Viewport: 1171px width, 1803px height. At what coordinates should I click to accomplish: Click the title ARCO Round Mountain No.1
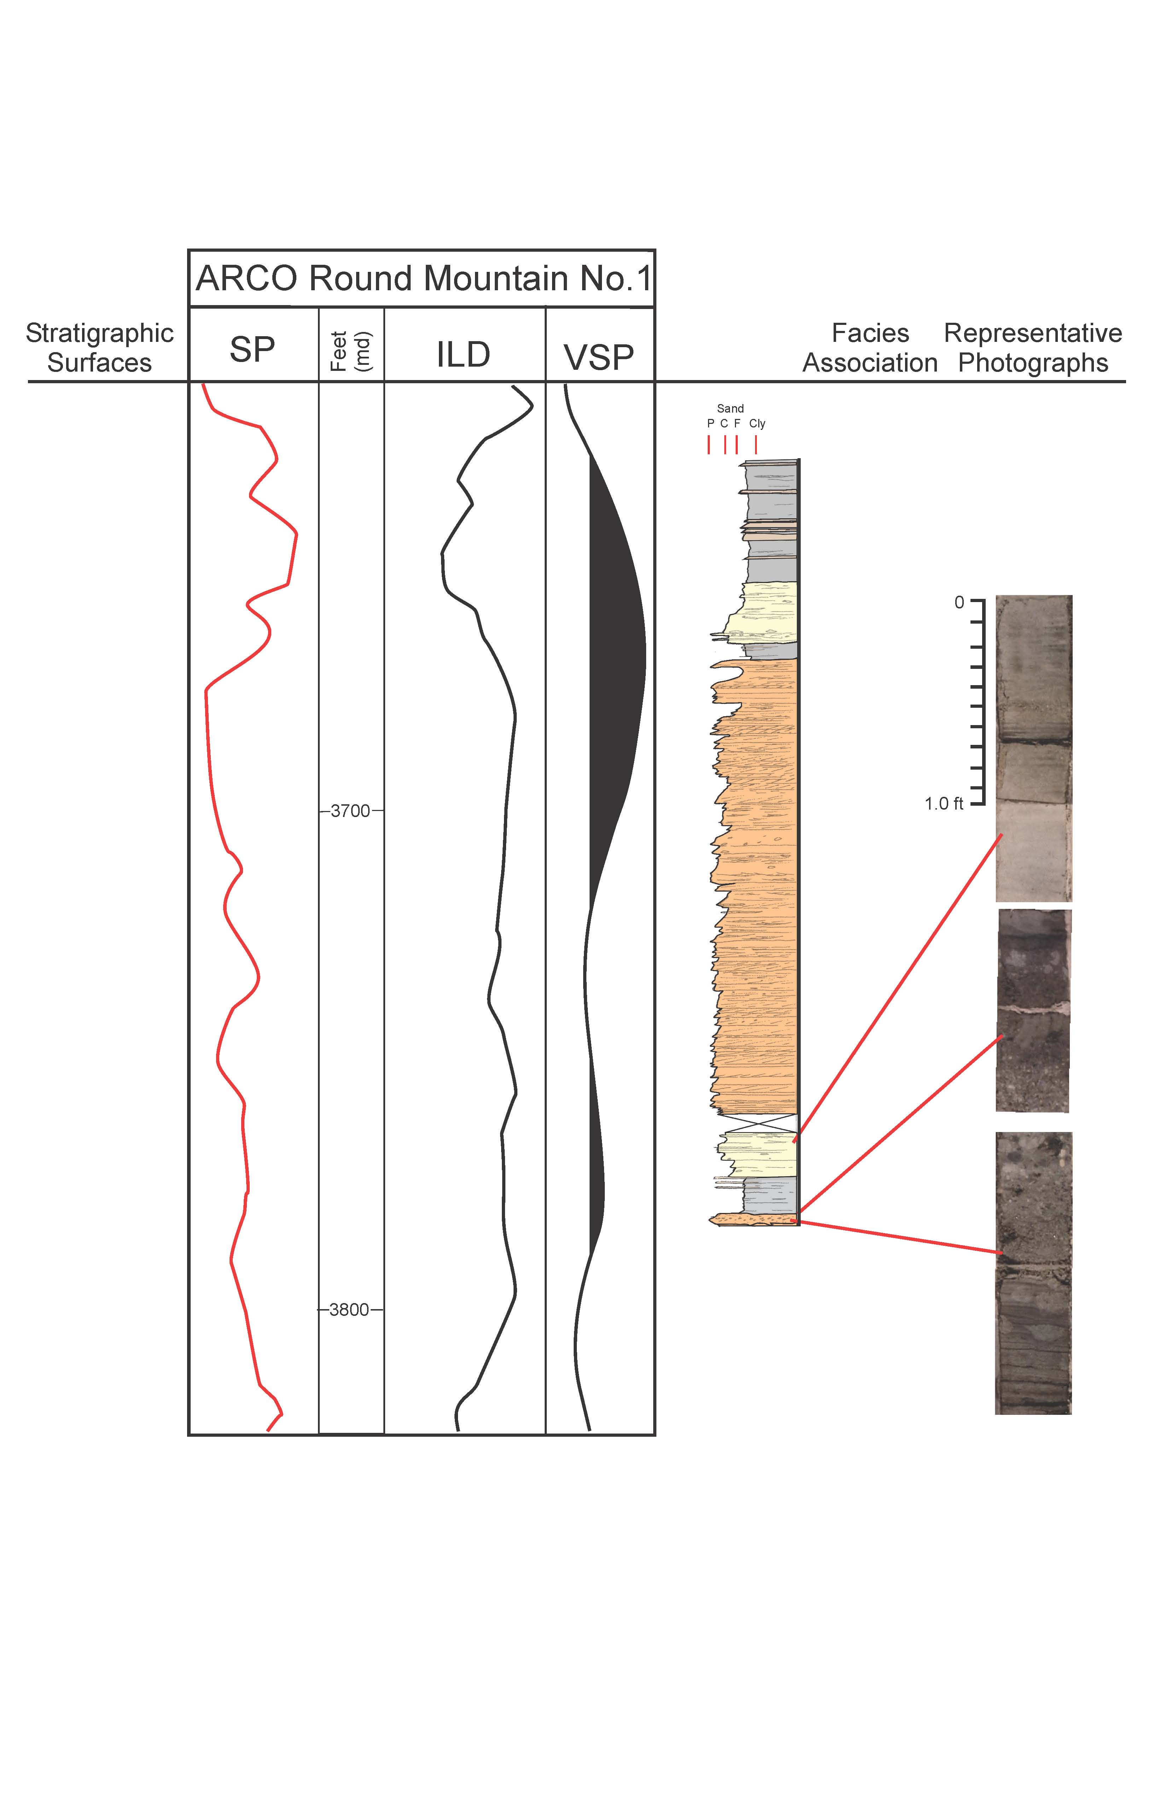[423, 279]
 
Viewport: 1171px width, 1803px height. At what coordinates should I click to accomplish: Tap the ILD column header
[463, 355]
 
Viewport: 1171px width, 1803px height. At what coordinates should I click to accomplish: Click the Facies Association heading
[870, 348]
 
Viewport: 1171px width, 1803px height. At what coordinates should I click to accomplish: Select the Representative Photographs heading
[1033, 348]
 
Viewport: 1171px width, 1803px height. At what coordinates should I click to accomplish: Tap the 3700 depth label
[350, 811]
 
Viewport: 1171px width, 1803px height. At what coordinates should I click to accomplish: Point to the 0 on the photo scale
[959, 603]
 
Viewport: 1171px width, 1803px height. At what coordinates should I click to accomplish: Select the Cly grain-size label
[757, 424]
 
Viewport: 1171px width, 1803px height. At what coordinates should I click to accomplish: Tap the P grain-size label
[710, 424]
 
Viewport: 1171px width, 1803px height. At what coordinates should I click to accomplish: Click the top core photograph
[1033, 748]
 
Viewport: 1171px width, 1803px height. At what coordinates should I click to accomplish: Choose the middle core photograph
[1033, 1011]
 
